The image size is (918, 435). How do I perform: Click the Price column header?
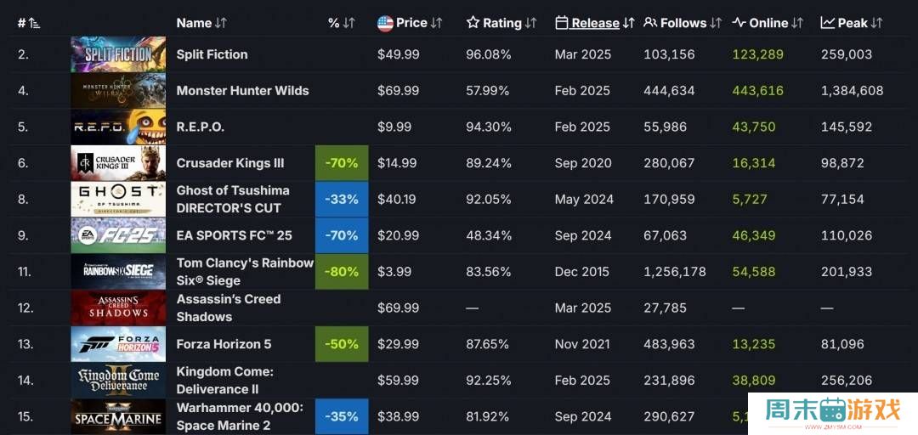point(411,23)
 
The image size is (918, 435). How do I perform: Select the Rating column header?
point(501,23)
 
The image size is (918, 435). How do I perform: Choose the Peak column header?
point(853,23)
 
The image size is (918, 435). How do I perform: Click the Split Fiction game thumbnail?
point(118,54)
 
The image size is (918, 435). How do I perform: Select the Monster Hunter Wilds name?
point(242,91)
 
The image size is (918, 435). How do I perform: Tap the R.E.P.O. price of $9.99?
point(394,127)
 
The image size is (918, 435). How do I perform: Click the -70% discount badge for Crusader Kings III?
point(342,163)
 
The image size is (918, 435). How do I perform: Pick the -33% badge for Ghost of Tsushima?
point(342,200)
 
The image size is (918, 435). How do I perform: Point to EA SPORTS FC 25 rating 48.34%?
point(489,235)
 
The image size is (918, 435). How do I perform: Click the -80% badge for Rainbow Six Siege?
point(342,272)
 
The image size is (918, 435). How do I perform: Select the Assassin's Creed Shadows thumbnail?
point(118,308)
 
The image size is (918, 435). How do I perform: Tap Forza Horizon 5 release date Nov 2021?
point(582,344)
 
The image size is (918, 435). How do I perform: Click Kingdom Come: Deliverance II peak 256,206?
point(847,381)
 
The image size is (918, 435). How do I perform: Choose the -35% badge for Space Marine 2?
point(342,416)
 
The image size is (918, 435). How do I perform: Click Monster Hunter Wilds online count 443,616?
point(758,91)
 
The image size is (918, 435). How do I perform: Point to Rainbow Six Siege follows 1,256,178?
point(675,272)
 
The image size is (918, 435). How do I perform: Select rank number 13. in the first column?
point(26,344)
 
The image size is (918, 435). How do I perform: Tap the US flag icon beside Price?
point(385,23)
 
